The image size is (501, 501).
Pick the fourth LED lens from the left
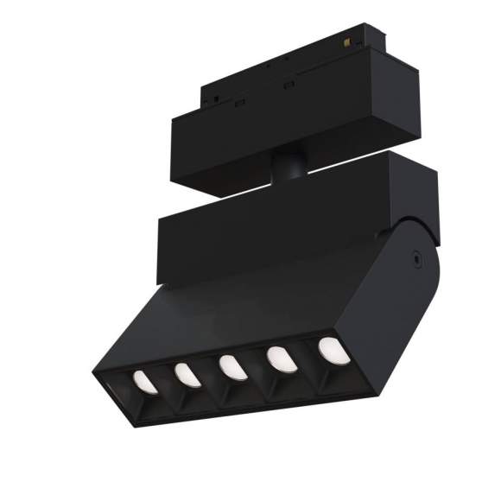point(279,358)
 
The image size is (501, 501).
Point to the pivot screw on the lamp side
point(416,257)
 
